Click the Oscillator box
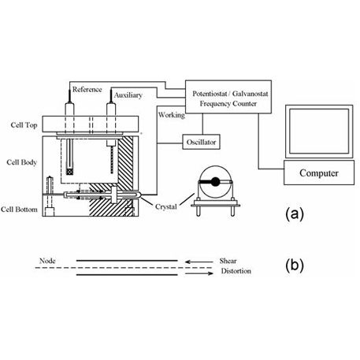point(201,142)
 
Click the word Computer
point(319,173)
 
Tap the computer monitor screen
point(319,131)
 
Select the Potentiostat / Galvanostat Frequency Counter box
point(228,97)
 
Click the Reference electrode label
point(87,89)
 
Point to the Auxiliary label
point(128,95)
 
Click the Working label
point(172,115)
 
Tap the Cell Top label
point(24,125)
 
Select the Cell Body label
point(22,162)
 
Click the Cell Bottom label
point(19,210)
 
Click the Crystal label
point(166,207)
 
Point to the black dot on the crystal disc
point(215,182)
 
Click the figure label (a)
point(295,214)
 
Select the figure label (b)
point(295,265)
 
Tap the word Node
point(47,261)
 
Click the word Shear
point(228,261)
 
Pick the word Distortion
point(236,271)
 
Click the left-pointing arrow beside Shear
point(199,262)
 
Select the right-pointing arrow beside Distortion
point(199,273)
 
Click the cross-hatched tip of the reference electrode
point(69,171)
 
